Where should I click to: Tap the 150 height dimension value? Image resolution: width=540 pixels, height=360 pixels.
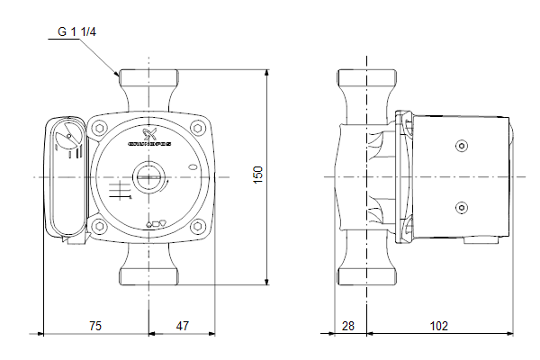click(x=258, y=176)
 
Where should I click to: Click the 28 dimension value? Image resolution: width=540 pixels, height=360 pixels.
click(x=348, y=326)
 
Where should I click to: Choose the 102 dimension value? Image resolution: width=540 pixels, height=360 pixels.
click(x=438, y=326)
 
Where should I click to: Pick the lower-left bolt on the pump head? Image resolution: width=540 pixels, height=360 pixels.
click(x=100, y=225)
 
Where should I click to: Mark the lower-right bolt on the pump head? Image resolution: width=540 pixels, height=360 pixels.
click(x=197, y=225)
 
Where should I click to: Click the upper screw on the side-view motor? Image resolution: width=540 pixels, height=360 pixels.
click(x=463, y=146)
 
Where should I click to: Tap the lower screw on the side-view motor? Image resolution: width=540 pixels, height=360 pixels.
click(x=463, y=208)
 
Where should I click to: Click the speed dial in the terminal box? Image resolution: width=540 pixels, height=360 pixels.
click(x=65, y=142)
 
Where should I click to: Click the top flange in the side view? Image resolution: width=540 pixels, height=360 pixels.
click(x=367, y=76)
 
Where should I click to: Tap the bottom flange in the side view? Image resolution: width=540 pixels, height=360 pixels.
click(x=367, y=277)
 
